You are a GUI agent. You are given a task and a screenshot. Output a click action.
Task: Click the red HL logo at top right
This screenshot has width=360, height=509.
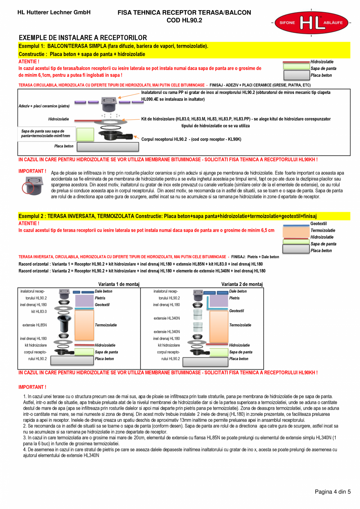click(311, 23)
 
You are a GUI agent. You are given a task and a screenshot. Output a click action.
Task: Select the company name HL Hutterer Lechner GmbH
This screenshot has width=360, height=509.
click(54, 13)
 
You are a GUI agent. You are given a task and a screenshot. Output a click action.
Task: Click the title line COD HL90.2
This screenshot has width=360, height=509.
click(184, 20)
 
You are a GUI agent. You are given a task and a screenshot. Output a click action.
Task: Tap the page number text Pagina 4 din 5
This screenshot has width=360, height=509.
click(333, 492)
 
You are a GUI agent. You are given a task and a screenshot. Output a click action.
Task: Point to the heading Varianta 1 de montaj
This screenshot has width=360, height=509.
click(119, 284)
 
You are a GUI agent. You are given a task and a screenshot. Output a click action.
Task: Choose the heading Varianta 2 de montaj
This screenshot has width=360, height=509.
click(242, 284)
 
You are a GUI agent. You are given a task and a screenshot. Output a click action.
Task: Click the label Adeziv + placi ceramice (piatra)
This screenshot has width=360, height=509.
click(44, 106)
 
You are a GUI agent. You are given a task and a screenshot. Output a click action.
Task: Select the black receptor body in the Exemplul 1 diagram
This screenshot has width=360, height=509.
click(111, 135)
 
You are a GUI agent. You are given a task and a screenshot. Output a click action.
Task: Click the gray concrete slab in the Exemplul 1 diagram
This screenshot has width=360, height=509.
click(108, 147)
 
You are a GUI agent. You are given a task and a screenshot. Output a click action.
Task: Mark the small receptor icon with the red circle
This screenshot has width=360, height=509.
click(33, 186)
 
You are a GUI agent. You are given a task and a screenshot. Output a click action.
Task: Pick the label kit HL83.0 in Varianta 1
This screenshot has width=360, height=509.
click(39, 312)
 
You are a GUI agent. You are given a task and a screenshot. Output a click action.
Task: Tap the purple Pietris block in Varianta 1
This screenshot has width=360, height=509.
click(84, 301)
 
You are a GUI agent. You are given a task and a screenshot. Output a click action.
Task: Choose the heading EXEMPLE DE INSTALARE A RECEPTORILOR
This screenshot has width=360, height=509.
click(83, 38)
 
